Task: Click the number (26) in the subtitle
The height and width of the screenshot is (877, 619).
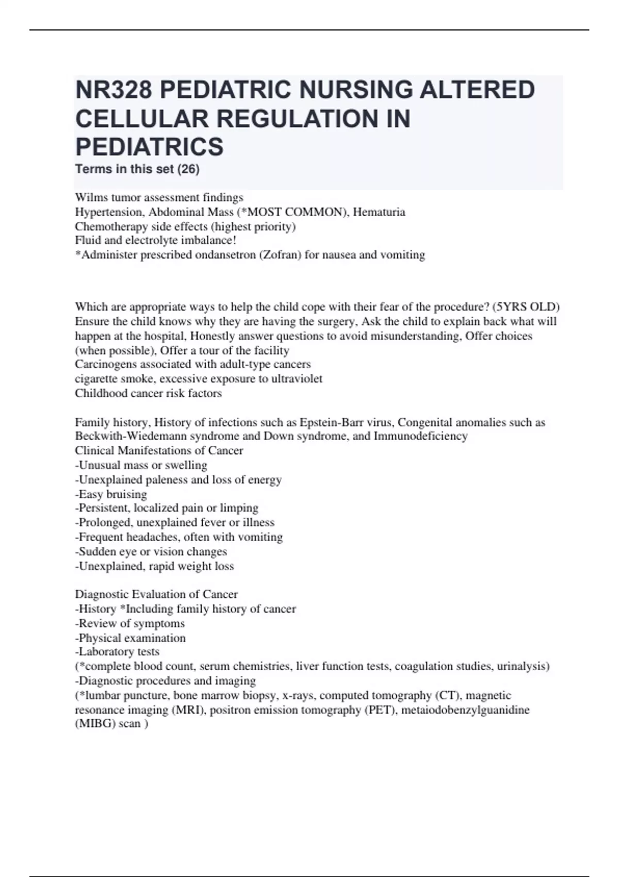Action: (x=188, y=169)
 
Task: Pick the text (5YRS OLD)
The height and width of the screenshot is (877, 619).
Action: (x=526, y=307)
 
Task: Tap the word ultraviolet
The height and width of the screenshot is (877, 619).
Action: (x=297, y=379)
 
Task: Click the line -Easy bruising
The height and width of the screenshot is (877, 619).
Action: (x=111, y=494)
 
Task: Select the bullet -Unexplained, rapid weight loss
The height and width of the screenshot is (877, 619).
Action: (x=154, y=566)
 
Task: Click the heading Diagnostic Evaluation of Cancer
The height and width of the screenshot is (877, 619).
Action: (x=156, y=594)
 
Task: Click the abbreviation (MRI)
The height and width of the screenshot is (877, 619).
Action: (x=189, y=710)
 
